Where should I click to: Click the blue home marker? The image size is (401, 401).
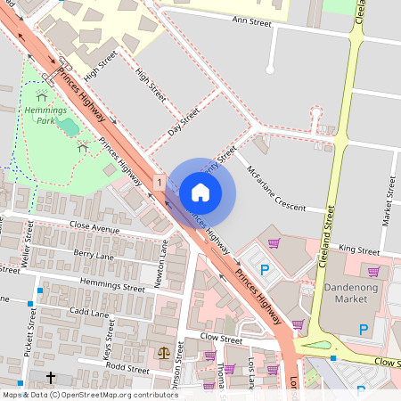point(200,192)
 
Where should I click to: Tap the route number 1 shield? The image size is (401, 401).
point(158,182)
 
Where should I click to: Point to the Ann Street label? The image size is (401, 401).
point(250,19)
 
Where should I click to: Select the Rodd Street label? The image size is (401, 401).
point(127,368)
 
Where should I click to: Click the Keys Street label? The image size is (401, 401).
point(109,338)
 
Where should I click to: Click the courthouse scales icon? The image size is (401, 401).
point(163,353)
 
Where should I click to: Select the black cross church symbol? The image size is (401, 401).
point(51,379)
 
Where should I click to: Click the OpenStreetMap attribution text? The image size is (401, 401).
point(78,394)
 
